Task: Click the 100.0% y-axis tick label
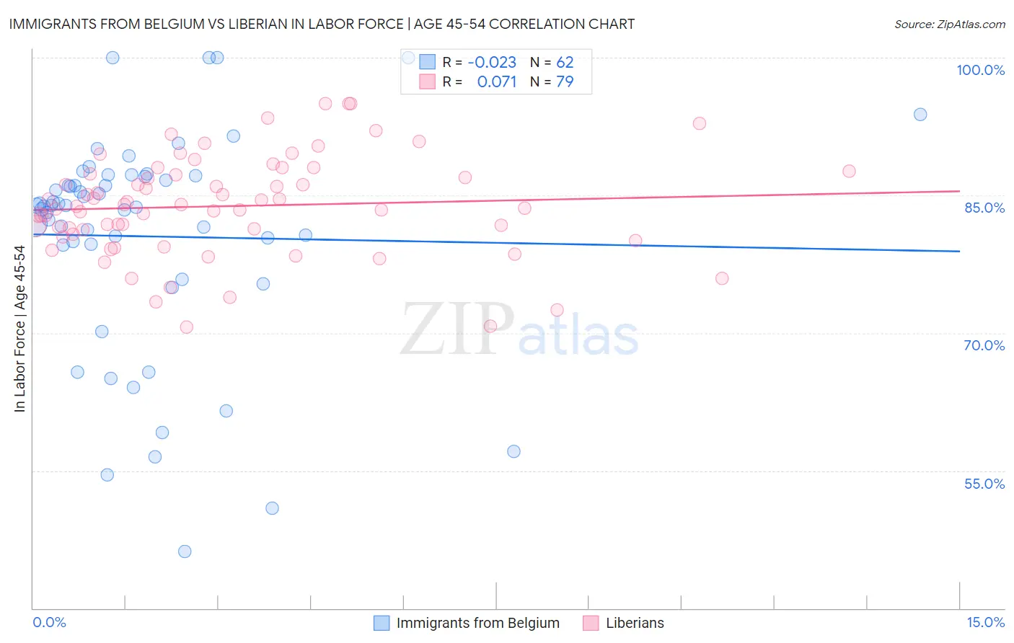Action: click(980, 70)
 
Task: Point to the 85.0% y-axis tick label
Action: click(984, 208)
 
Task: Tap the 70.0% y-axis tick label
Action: click(984, 345)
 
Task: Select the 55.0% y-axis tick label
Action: click(984, 484)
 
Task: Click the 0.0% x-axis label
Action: click(49, 623)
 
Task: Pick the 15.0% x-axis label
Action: click(985, 623)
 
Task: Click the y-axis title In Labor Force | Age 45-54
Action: click(19, 329)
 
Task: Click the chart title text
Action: click(322, 24)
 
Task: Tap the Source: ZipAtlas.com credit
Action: click(949, 25)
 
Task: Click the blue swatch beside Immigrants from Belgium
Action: click(382, 623)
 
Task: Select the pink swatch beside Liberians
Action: click(591, 623)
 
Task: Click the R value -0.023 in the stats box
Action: click(492, 62)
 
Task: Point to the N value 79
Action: click(565, 81)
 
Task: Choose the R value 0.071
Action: click(497, 81)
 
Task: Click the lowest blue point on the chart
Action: click(185, 551)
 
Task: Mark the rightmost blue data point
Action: click(920, 115)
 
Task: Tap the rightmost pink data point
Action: click(849, 171)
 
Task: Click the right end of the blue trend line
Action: click(960, 251)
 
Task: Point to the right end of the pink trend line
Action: click(960, 191)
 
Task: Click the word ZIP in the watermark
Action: click(457, 329)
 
